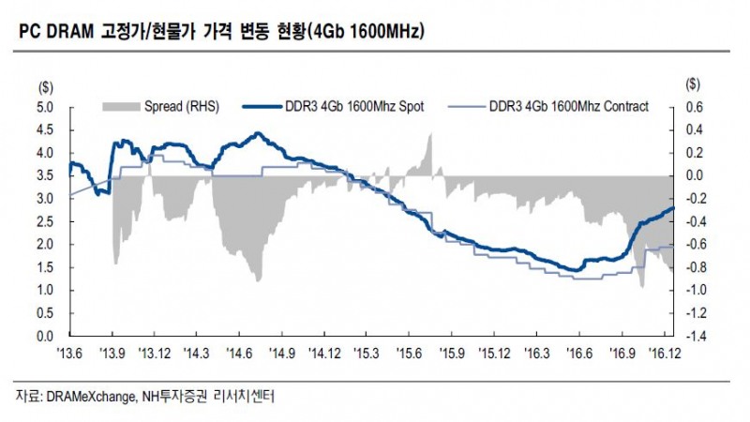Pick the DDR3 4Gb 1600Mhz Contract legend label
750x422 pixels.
coord(568,107)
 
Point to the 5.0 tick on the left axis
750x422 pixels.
coord(45,108)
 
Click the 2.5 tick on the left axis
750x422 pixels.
coord(45,221)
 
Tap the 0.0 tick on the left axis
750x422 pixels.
coord(45,335)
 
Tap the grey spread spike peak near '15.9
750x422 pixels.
coord(429,136)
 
